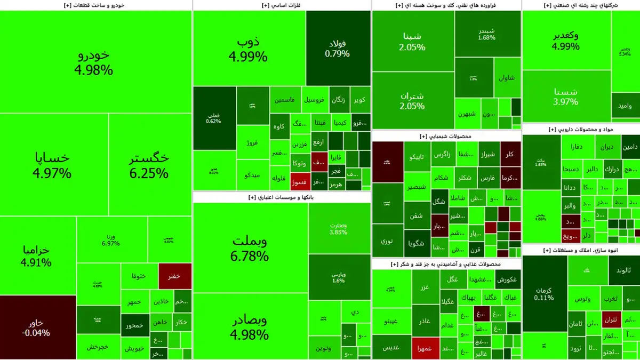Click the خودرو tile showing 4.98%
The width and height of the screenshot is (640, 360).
click(x=95, y=62)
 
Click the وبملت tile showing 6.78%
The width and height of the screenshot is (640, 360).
click(x=250, y=249)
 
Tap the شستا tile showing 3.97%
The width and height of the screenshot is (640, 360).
click(x=565, y=96)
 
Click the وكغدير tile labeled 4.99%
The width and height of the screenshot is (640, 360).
click(x=565, y=41)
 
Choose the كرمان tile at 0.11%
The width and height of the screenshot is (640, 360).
click(x=544, y=294)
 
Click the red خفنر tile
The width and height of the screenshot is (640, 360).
click(x=174, y=276)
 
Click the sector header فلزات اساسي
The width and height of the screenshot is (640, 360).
click(x=281, y=5)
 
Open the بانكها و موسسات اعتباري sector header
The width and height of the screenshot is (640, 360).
click(x=281, y=197)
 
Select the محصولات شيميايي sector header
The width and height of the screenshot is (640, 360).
click(x=447, y=136)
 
